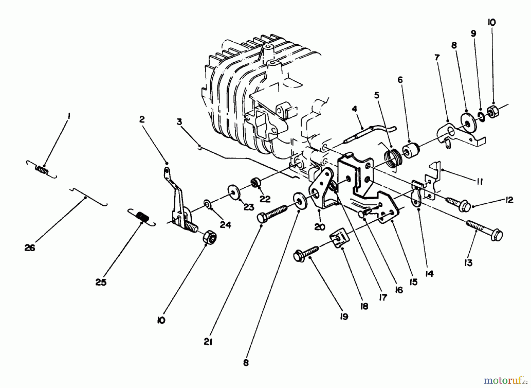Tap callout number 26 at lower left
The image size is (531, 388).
pyautogui.click(x=30, y=248)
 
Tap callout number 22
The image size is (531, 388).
pyautogui.click(x=265, y=199)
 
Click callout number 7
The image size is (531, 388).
pyautogui.click(x=437, y=57)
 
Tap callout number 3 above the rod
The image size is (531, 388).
pyautogui.click(x=180, y=121)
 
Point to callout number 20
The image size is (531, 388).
pyautogui.click(x=320, y=227)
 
